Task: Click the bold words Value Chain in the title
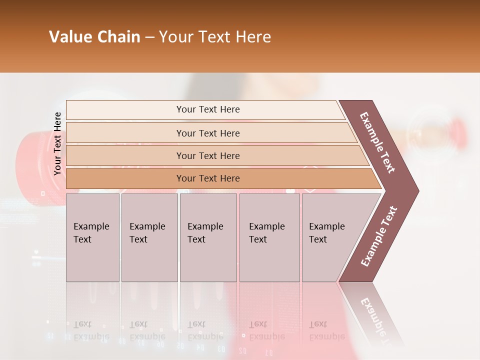point(94,37)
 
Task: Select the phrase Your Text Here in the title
point(215,37)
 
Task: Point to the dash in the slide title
point(149,37)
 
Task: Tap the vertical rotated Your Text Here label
point(57,143)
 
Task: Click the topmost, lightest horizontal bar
point(208,109)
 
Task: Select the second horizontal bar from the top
point(208,133)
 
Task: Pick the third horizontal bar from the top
point(208,155)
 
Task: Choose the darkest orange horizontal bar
point(208,178)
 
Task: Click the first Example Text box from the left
point(92,237)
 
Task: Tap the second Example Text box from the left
point(149,237)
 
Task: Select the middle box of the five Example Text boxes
point(208,237)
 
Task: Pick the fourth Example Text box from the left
point(269,237)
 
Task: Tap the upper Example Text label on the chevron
point(377,142)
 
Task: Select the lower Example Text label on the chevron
point(378,236)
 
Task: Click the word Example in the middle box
point(205,226)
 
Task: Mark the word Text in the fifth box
point(318,239)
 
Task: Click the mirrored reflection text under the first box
point(91,330)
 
